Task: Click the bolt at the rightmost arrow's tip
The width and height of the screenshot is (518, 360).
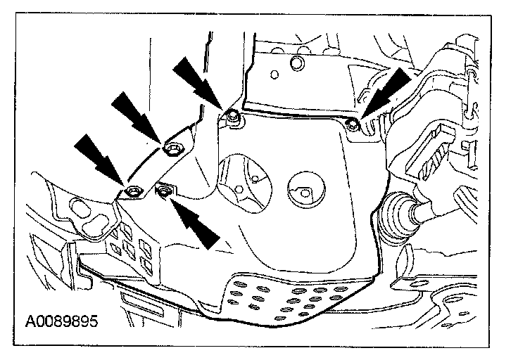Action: click(354, 125)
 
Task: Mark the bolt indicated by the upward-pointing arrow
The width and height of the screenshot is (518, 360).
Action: click(165, 190)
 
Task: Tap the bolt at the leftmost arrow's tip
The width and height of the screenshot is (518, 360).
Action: click(132, 190)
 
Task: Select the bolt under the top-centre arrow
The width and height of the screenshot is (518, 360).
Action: click(234, 120)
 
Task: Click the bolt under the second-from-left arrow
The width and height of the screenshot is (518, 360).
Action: click(172, 148)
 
